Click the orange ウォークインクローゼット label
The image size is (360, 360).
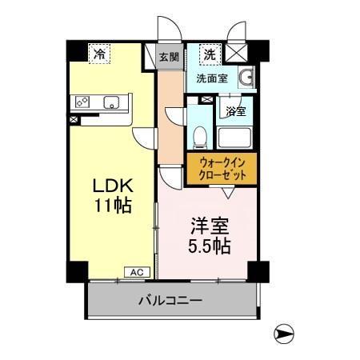coord(221,168)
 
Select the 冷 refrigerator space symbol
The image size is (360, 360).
coord(99,54)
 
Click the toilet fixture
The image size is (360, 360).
coord(202,137)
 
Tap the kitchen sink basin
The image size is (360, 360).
coord(111,101)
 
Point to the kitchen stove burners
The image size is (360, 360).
coord(82,102)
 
